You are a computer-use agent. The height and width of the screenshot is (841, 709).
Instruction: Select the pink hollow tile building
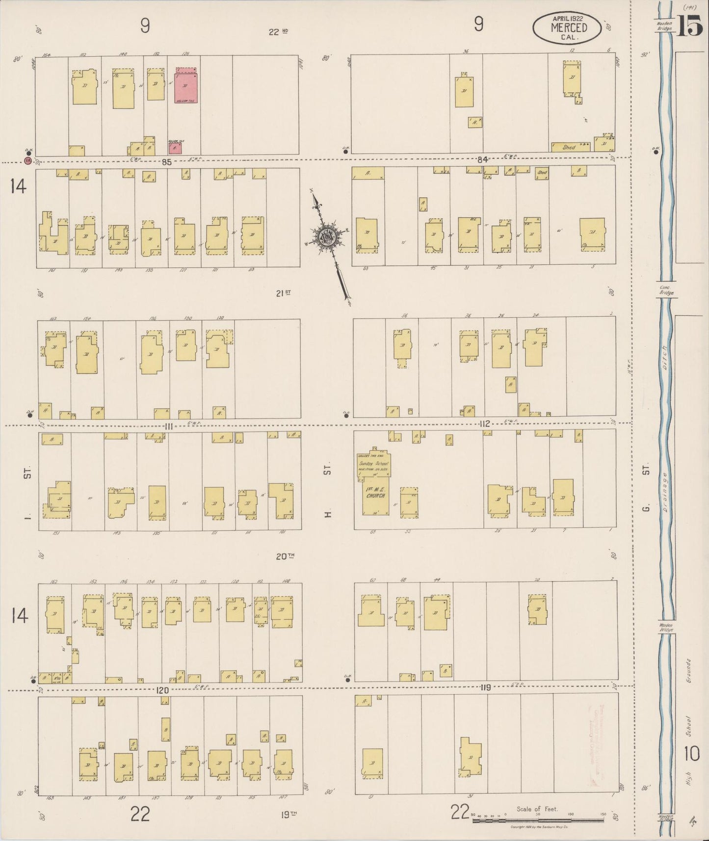coord(186,85)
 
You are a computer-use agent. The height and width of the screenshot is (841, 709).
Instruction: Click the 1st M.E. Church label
coord(375,492)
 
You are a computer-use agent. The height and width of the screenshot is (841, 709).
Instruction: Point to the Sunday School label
coord(373,463)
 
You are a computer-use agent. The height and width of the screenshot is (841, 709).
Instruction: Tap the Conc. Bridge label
coord(666,290)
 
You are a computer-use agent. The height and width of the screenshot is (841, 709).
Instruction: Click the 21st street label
coord(283,293)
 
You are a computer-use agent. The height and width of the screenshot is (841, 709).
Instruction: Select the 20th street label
coord(285,556)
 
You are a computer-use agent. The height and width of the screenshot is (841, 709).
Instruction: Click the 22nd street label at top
coord(278,32)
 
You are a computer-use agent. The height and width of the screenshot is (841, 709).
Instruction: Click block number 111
coord(169,426)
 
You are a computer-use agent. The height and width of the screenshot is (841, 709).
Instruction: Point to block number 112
coord(485,423)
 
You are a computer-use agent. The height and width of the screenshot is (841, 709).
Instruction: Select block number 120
coord(162,690)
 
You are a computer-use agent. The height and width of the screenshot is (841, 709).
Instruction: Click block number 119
coord(486,687)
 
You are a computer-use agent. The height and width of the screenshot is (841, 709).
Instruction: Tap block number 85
coord(167,162)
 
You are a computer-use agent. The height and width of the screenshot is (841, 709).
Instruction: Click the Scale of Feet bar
coord(538,819)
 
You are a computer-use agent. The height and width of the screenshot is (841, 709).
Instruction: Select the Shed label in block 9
coord(569,147)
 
